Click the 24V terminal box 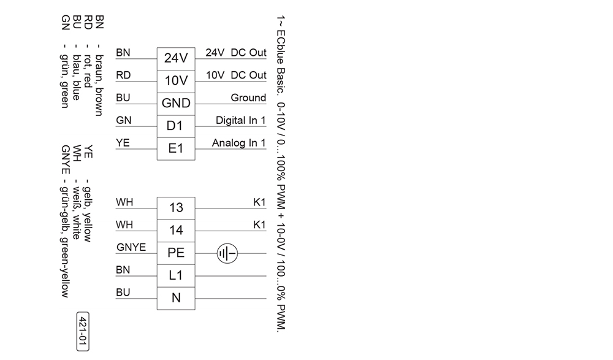(x=176, y=58)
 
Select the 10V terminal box (x=176, y=81)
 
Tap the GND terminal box (x=176, y=103)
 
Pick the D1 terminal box (x=176, y=126)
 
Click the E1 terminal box (x=176, y=148)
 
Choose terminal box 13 (x=176, y=208)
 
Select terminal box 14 (x=176, y=231)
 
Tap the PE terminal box (x=176, y=253)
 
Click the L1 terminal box (x=176, y=275)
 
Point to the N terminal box (x=176, y=298)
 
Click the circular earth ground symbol (x=227, y=253)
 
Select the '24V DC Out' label (x=236, y=53)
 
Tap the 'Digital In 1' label (x=241, y=121)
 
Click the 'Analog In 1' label (x=239, y=144)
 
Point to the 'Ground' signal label (x=248, y=98)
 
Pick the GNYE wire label (x=131, y=248)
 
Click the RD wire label (x=123, y=75)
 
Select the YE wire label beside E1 (x=123, y=144)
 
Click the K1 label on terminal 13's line (x=259, y=202)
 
